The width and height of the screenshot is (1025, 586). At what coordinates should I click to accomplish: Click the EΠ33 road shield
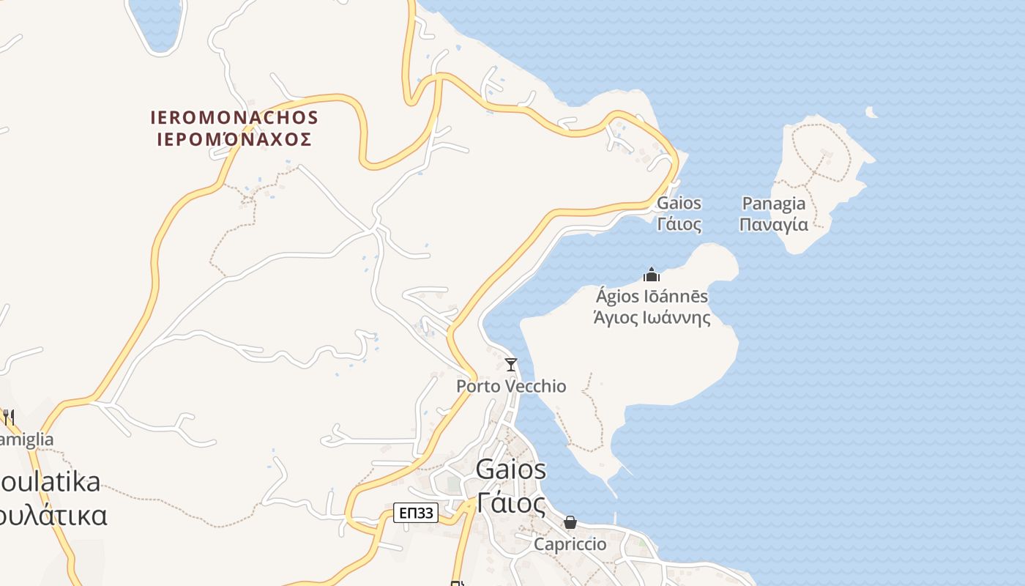click(416, 513)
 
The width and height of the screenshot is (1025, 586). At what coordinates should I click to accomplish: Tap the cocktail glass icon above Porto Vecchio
click(511, 364)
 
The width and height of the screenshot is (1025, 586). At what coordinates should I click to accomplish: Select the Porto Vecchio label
click(511, 386)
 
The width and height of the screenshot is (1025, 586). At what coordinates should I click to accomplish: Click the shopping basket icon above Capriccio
click(570, 522)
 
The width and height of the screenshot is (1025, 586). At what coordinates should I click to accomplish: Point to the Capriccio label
click(570, 544)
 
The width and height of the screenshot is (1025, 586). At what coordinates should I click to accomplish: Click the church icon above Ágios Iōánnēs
click(651, 275)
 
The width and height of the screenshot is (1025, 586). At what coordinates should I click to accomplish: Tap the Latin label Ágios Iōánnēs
click(652, 297)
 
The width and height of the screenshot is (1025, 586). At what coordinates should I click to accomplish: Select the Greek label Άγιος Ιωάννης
click(652, 318)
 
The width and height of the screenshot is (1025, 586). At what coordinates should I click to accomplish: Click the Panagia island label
click(773, 204)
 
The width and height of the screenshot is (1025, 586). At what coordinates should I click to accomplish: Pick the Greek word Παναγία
click(773, 224)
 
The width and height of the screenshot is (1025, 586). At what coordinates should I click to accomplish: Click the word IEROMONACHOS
click(234, 117)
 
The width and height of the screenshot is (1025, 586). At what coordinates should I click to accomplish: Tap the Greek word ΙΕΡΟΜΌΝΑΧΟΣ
click(234, 139)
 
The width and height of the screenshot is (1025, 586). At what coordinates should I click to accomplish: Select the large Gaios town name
click(511, 470)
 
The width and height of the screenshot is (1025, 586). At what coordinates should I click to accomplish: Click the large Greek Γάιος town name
click(511, 502)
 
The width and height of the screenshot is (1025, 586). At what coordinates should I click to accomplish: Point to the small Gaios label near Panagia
click(679, 203)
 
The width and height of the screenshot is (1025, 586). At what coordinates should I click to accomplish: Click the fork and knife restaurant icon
click(8, 418)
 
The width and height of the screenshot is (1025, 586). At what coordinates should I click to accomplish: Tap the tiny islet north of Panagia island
click(871, 112)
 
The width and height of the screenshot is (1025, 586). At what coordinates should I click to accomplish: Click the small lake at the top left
click(155, 22)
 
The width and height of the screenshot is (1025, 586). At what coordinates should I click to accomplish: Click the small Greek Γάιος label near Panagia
click(679, 224)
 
